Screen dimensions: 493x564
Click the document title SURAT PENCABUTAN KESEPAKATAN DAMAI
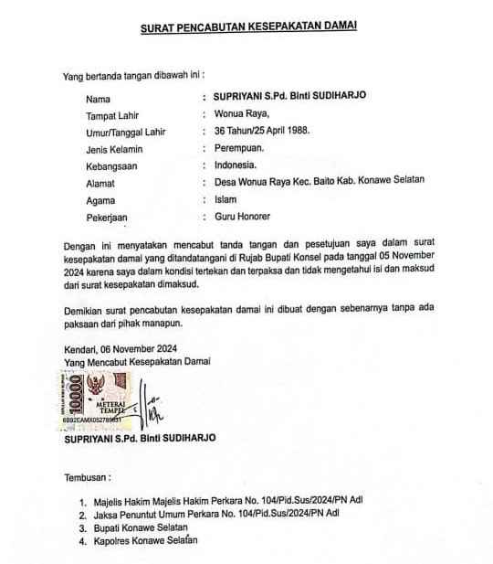[248, 28]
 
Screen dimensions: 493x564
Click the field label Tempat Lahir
[111, 115]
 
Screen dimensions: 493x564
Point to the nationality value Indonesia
[236, 165]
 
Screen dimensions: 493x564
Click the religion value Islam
[226, 199]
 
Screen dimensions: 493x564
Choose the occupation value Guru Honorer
[242, 217]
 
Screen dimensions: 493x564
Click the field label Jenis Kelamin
[114, 149]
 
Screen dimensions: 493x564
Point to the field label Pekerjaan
[109, 217]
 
